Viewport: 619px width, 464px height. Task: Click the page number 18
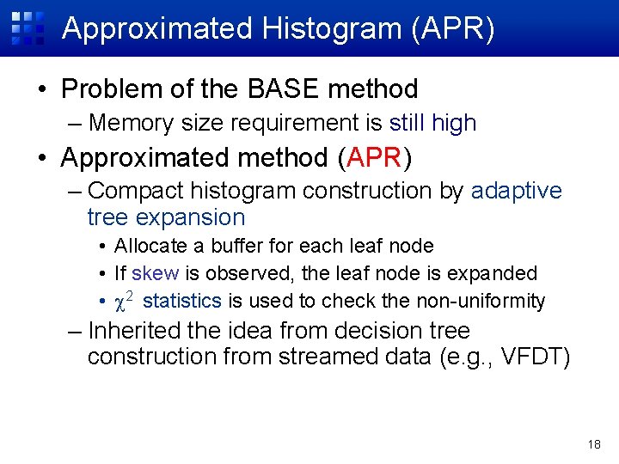[594, 444]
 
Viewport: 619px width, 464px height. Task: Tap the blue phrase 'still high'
[432, 123]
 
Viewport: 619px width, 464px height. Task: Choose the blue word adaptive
[516, 190]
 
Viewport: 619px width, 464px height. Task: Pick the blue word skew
[156, 273]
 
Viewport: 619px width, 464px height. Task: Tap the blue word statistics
[182, 301]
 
